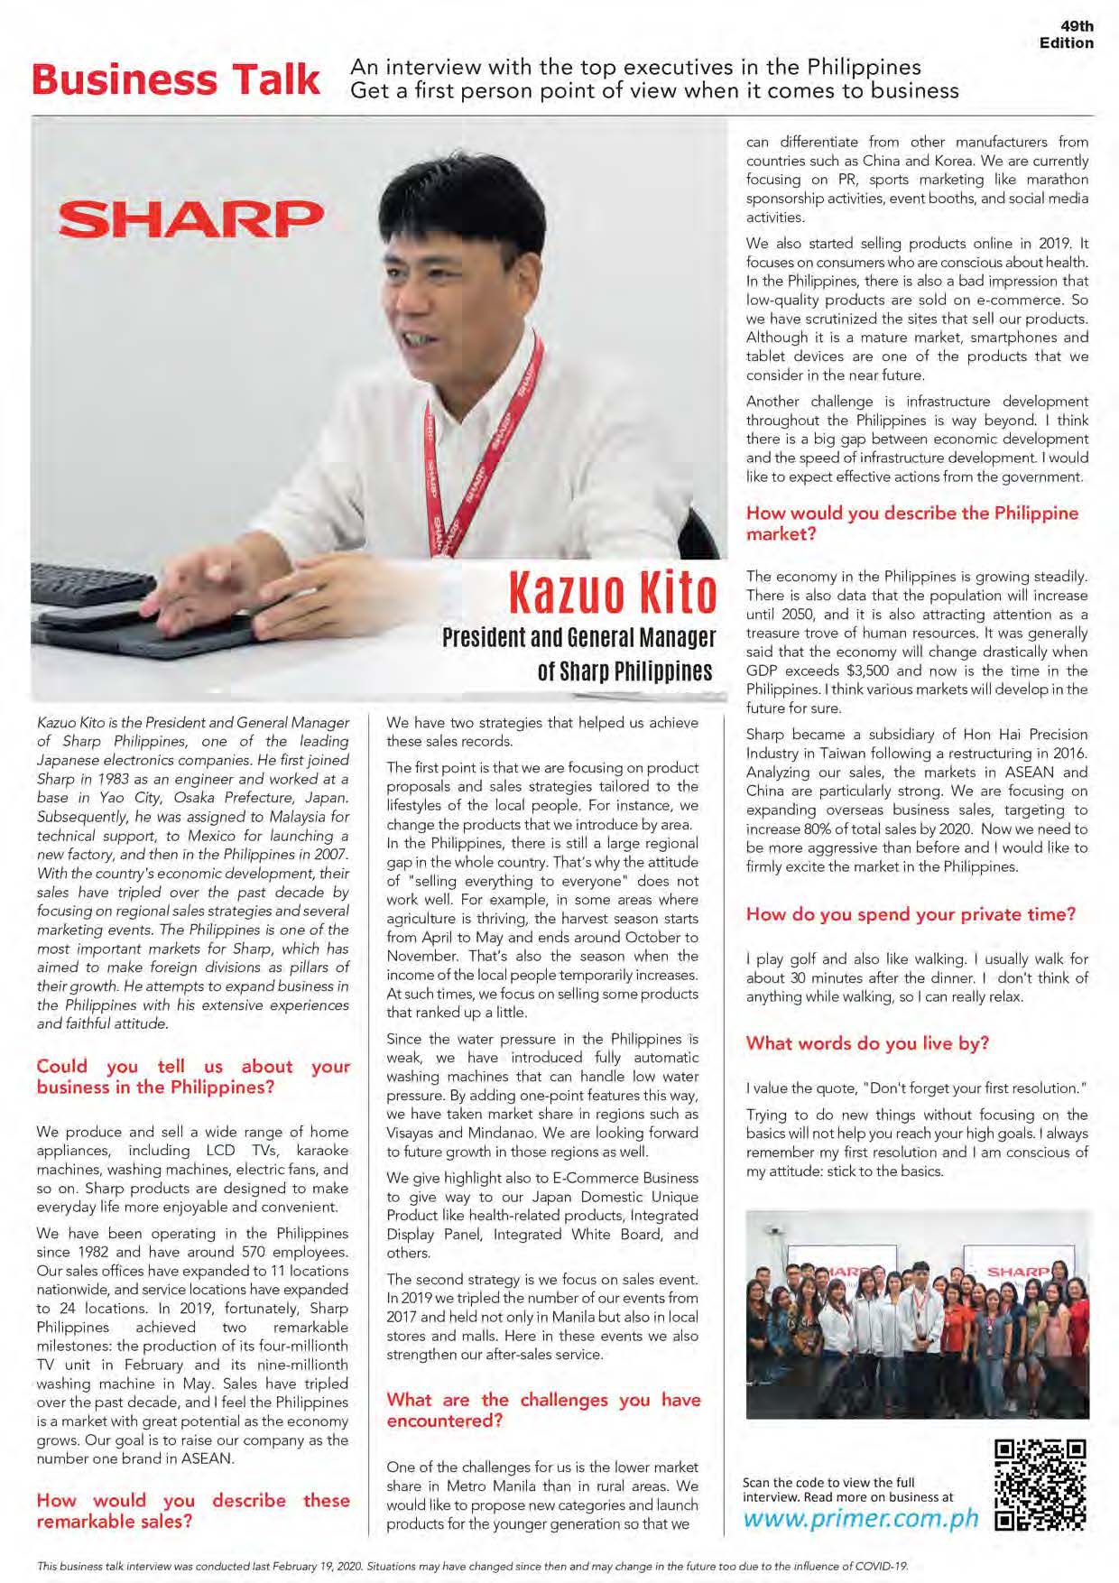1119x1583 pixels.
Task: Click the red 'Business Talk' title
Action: pyautogui.click(x=175, y=79)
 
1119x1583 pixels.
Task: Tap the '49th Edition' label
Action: pyautogui.click(x=1068, y=35)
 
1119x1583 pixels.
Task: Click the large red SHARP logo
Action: pyautogui.click(x=190, y=218)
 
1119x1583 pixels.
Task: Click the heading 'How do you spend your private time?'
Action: pyautogui.click(x=911, y=914)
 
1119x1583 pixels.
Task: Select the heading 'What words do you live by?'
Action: pyautogui.click(x=867, y=1043)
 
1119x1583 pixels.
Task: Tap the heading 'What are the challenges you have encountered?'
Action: pyautogui.click(x=543, y=1410)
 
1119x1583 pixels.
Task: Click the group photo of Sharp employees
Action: pyautogui.click(x=917, y=1315)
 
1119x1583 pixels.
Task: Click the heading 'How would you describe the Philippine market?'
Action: pyautogui.click(x=911, y=523)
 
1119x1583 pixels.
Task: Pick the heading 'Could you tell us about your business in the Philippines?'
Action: pyautogui.click(x=192, y=1077)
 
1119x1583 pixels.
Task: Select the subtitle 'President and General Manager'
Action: pyautogui.click(x=578, y=638)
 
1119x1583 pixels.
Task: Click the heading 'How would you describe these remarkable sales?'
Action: pyautogui.click(x=192, y=1511)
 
